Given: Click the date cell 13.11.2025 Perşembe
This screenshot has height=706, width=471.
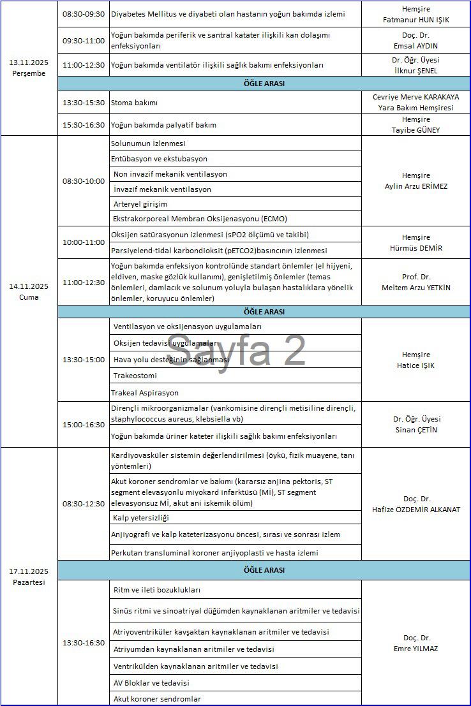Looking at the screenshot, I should coord(29,68).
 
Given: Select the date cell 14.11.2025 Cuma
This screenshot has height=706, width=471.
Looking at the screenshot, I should coord(29,292).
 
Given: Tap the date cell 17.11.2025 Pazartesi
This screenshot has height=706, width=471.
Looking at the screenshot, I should coord(29,577).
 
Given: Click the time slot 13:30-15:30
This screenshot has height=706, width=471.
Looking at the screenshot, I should coord(83,102).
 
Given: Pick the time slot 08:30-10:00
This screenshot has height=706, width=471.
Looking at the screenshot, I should coord(83,181).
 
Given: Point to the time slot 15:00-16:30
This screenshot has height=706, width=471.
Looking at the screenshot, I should coord(83,425).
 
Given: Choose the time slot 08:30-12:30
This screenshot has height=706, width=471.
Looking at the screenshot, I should coord(83,504).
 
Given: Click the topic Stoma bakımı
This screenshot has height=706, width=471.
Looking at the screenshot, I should coord(134,102).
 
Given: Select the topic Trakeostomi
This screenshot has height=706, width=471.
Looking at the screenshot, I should coord(135,376).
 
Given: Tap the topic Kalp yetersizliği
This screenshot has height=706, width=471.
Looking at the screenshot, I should coord(140,518).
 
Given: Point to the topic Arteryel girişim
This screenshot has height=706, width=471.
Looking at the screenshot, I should coord(140,204).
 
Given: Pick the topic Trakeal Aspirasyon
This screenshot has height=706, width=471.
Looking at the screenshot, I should coord(144,393).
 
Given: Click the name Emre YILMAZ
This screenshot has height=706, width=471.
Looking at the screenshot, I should coord(416,649).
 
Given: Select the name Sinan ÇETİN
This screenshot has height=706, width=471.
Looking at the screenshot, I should coord(416,430).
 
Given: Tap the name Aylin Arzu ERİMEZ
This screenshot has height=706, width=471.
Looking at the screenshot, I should coord(416,186).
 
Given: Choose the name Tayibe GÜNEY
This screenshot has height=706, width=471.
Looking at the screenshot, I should coord(416,130).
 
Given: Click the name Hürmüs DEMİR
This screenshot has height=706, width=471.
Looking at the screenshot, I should coord(416,248).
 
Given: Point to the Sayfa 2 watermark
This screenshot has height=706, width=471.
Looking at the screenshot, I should coord(236,349).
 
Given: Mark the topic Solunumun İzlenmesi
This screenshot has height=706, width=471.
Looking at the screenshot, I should coord(148,144).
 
